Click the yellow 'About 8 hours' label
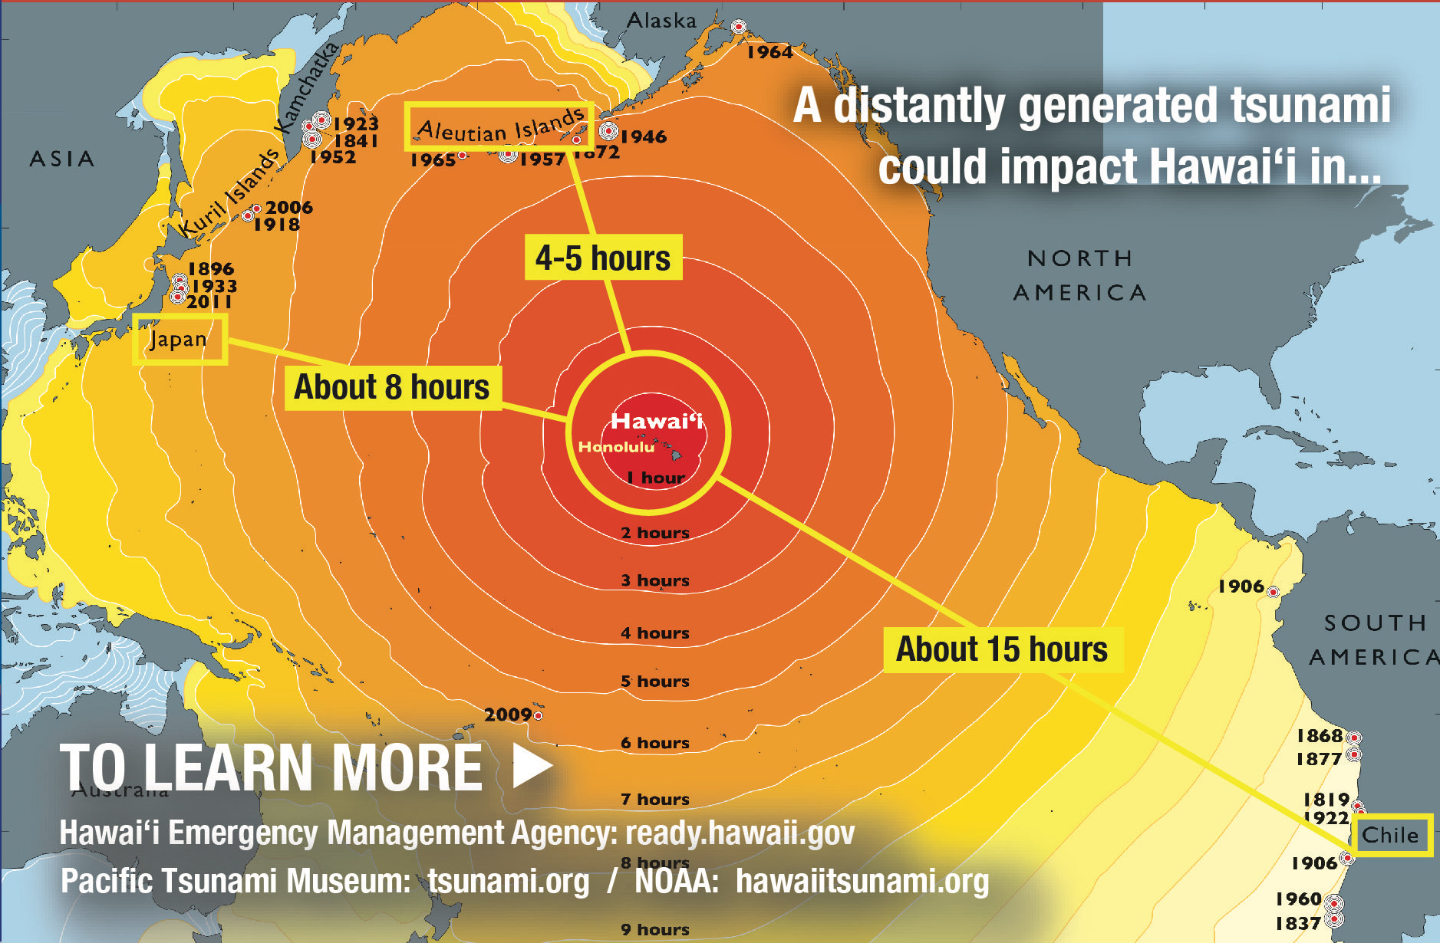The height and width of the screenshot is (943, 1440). point(392,387)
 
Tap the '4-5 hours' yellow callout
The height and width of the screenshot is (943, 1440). point(603,258)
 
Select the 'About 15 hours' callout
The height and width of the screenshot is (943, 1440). point(1002,649)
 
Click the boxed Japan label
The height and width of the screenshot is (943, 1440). point(180,339)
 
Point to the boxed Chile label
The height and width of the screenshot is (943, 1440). point(1390,835)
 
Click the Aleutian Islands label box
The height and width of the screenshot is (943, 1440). point(499,127)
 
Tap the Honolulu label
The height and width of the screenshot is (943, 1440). point(616,447)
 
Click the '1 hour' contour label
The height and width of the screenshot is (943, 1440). point(655,478)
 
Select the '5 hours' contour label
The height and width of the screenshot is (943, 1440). point(655,681)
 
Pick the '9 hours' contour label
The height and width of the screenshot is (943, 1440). point(655,929)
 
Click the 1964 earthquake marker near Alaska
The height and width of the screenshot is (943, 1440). point(738,27)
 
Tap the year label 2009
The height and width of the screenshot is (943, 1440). point(508,715)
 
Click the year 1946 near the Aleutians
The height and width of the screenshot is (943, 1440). point(644,136)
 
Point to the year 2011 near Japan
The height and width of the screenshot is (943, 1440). point(209,302)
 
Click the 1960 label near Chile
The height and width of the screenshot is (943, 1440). point(1298,899)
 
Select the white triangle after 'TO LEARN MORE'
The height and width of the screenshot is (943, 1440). point(532,764)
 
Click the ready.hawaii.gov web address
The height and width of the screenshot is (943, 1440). point(740,833)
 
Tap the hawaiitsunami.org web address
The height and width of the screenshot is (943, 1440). point(862,881)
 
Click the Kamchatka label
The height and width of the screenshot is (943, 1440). point(306,87)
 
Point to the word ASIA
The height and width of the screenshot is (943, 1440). point(62,159)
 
